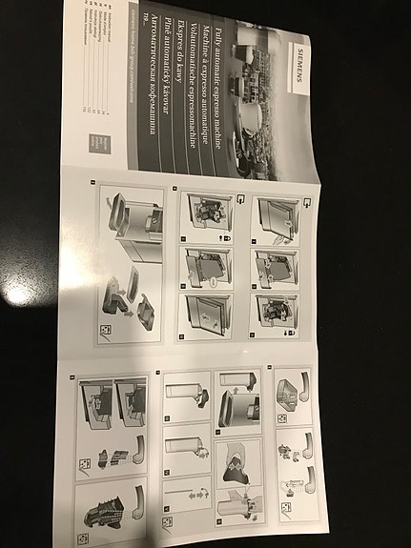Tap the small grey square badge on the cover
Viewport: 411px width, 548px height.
tap(102, 143)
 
